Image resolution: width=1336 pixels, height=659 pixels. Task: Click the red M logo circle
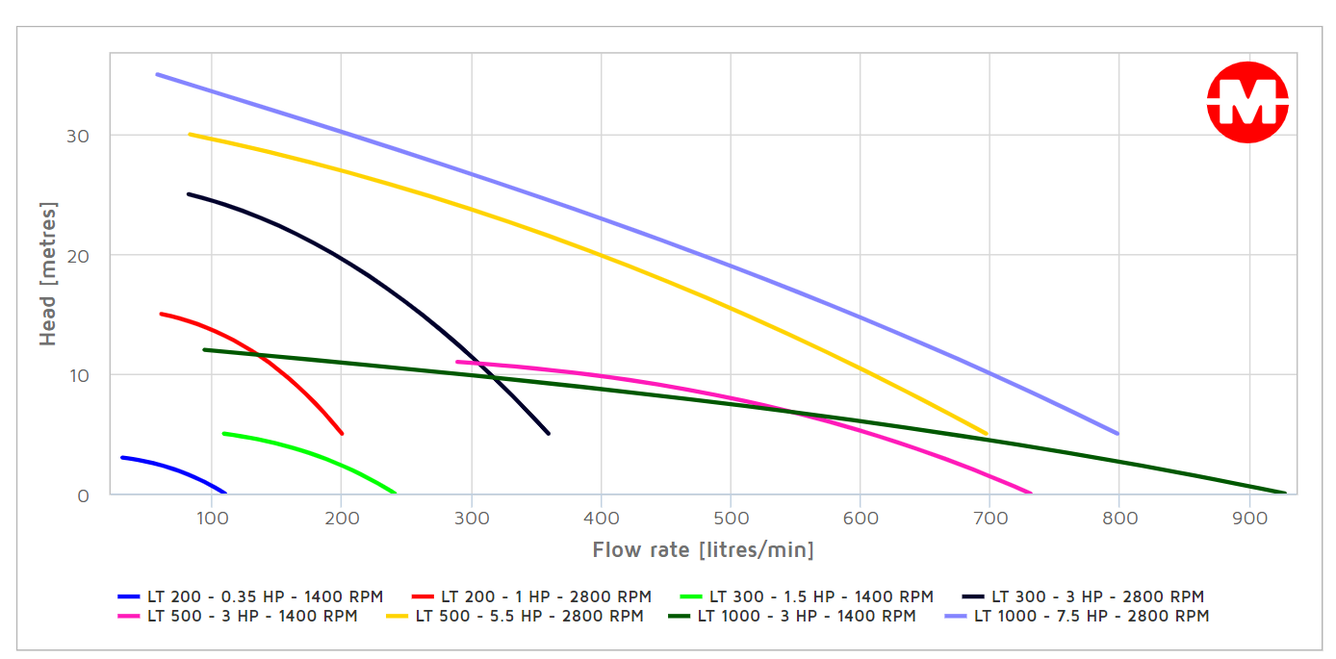[1247, 102]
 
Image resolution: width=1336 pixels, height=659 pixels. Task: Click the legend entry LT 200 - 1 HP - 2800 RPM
[531, 596]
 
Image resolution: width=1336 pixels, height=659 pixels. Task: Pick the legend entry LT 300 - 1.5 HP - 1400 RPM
[807, 596]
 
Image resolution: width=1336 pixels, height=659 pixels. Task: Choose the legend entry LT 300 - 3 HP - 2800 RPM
[1084, 596]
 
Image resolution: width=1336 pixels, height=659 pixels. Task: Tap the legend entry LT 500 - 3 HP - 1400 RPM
[238, 616]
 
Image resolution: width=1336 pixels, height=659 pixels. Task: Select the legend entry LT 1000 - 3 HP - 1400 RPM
[793, 616]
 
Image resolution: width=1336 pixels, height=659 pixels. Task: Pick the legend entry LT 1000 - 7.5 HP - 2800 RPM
[1078, 616]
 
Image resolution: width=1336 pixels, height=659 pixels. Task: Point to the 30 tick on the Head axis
[78, 136]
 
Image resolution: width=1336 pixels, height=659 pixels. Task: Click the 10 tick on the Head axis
[78, 375]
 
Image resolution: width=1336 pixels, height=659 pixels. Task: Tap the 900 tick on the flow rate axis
[1248, 519]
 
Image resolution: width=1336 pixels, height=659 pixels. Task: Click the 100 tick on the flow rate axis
[212, 519]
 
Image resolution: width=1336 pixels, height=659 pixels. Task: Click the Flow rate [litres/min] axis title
[703, 550]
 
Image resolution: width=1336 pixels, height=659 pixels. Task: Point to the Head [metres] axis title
[48, 274]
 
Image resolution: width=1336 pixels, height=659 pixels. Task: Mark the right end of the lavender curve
[1118, 434]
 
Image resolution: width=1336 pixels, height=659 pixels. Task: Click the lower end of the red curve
[342, 434]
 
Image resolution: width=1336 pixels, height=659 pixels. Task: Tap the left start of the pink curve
[457, 362]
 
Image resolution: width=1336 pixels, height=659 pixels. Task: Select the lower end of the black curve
[549, 434]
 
